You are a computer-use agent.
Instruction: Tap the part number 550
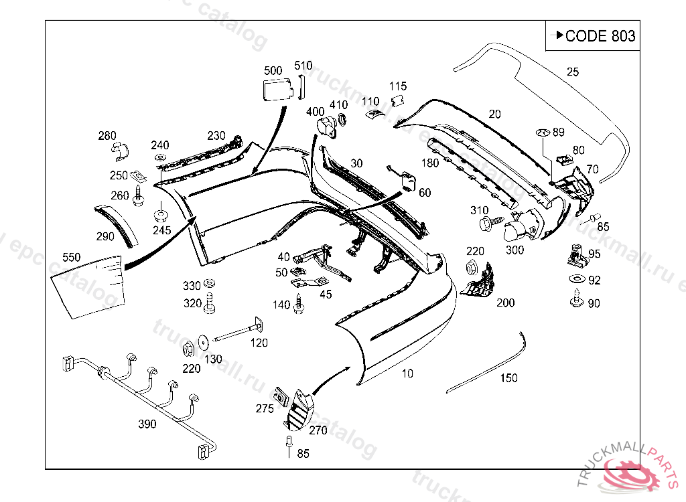click(x=71, y=257)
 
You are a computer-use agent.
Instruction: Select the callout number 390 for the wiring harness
click(x=147, y=424)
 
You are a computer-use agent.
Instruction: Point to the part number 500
click(x=273, y=70)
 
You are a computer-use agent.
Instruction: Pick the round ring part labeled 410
click(x=342, y=121)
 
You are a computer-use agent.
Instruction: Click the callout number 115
click(x=398, y=86)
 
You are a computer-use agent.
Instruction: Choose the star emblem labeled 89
click(x=542, y=133)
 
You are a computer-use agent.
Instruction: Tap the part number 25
click(x=572, y=72)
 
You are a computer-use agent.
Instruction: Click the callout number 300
click(x=514, y=250)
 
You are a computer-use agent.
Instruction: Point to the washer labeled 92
click(x=575, y=278)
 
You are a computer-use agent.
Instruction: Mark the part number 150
click(x=509, y=378)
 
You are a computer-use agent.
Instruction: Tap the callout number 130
click(x=213, y=359)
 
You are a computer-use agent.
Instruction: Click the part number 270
click(x=318, y=430)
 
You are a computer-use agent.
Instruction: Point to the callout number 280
click(x=107, y=137)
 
